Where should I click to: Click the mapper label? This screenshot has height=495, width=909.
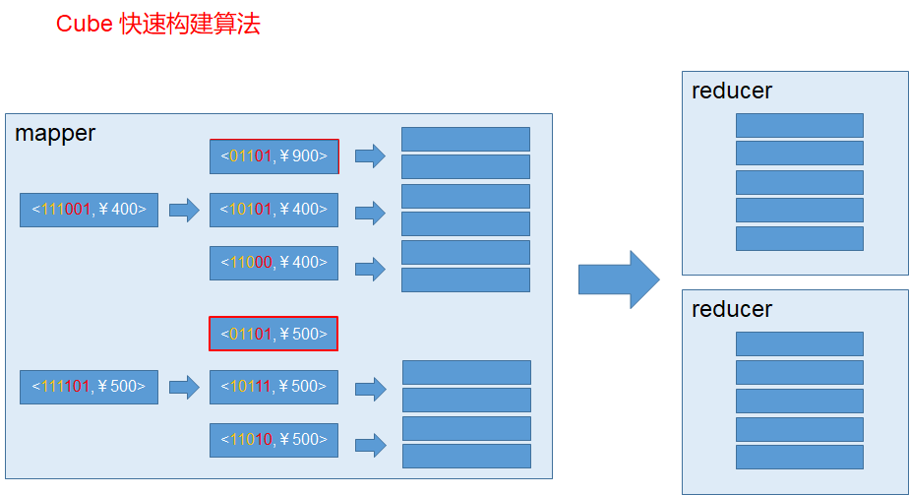(x=55, y=134)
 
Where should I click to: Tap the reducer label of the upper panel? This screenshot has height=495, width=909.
(x=732, y=92)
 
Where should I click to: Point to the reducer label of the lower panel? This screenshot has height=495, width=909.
(x=732, y=310)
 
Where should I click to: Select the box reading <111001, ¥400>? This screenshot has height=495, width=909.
(x=89, y=210)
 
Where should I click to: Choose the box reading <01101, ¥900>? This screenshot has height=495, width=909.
(x=273, y=156)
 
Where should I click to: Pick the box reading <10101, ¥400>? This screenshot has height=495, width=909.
(x=273, y=210)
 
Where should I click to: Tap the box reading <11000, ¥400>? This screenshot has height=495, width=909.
(x=273, y=263)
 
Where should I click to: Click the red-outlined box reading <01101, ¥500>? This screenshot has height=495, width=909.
(x=273, y=334)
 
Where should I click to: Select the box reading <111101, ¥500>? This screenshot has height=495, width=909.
(x=89, y=387)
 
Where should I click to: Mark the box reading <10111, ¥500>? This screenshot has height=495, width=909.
(x=273, y=387)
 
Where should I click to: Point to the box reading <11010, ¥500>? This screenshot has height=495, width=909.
(x=273, y=440)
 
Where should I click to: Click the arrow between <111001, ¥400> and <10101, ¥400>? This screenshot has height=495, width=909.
(x=184, y=210)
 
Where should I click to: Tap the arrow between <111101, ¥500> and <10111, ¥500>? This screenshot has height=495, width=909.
(x=184, y=387)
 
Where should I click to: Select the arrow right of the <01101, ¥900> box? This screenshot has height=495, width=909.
(x=370, y=156)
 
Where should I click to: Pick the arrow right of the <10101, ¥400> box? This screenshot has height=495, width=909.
(x=370, y=212)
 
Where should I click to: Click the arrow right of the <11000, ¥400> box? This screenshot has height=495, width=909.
(x=370, y=268)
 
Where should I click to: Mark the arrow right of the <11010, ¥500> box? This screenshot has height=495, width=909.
(x=370, y=444)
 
